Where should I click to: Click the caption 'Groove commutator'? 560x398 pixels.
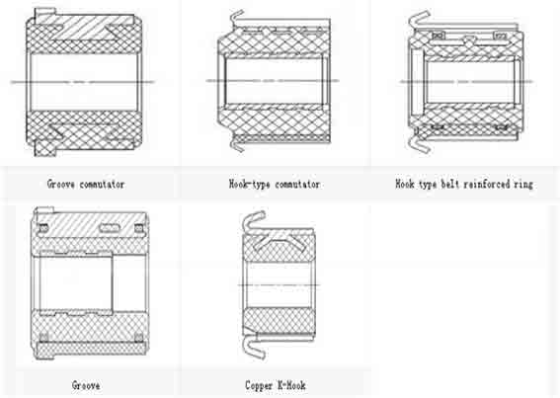click(x=86, y=185)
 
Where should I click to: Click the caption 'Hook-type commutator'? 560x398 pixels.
click(x=275, y=185)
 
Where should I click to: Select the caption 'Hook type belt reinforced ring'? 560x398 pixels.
click(x=464, y=185)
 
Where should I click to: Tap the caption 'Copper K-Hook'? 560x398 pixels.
click(x=275, y=385)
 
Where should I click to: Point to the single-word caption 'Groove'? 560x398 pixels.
click(x=86, y=385)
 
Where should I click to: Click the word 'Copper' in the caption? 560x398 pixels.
click(x=259, y=385)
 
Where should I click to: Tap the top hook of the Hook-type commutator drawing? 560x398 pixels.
click(x=236, y=17)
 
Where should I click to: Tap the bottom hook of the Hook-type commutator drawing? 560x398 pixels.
click(x=236, y=145)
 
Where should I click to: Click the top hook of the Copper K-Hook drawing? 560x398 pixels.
click(x=252, y=220)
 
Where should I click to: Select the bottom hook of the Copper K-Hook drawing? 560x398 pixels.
click(x=253, y=346)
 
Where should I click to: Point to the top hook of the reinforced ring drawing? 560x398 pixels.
click(x=419, y=19)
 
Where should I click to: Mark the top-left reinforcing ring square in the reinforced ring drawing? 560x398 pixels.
click(x=439, y=36)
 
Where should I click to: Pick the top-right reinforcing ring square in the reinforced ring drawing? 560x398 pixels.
click(x=501, y=36)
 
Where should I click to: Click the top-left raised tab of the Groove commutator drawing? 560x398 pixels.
click(x=45, y=13)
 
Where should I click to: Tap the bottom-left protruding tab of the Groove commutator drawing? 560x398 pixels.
click(x=45, y=150)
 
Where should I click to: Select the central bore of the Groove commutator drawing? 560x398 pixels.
click(x=84, y=82)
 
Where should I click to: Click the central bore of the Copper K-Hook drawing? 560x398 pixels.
click(x=279, y=284)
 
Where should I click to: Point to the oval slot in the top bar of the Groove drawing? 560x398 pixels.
click(x=109, y=227)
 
